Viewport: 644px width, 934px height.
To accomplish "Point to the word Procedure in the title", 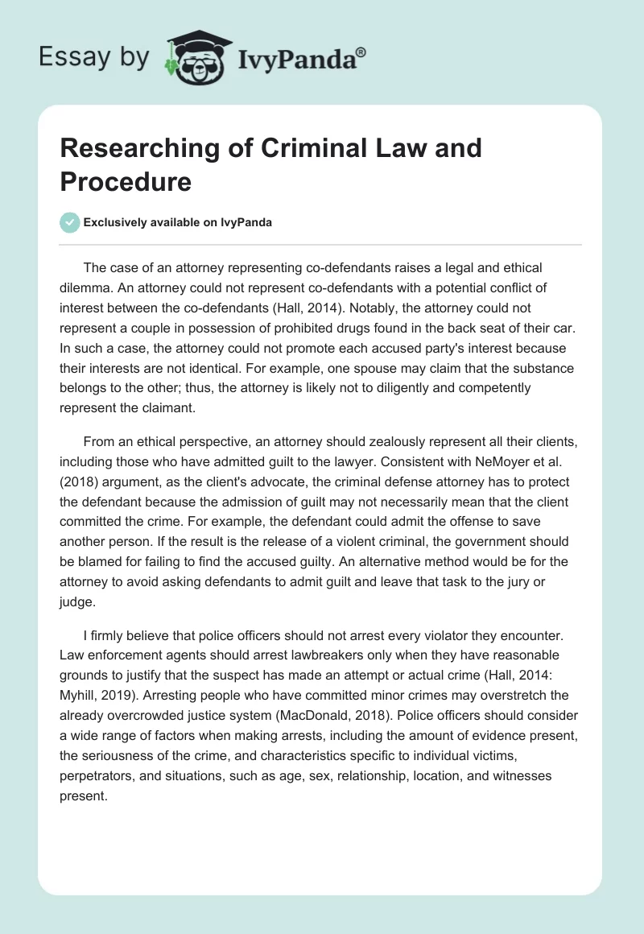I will (x=126, y=181).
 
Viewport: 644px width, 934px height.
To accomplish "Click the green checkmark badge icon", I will (x=69, y=222).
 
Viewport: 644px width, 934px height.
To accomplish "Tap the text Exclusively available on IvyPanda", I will (x=177, y=223).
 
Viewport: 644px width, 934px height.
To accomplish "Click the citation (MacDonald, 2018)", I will (x=410, y=698).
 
